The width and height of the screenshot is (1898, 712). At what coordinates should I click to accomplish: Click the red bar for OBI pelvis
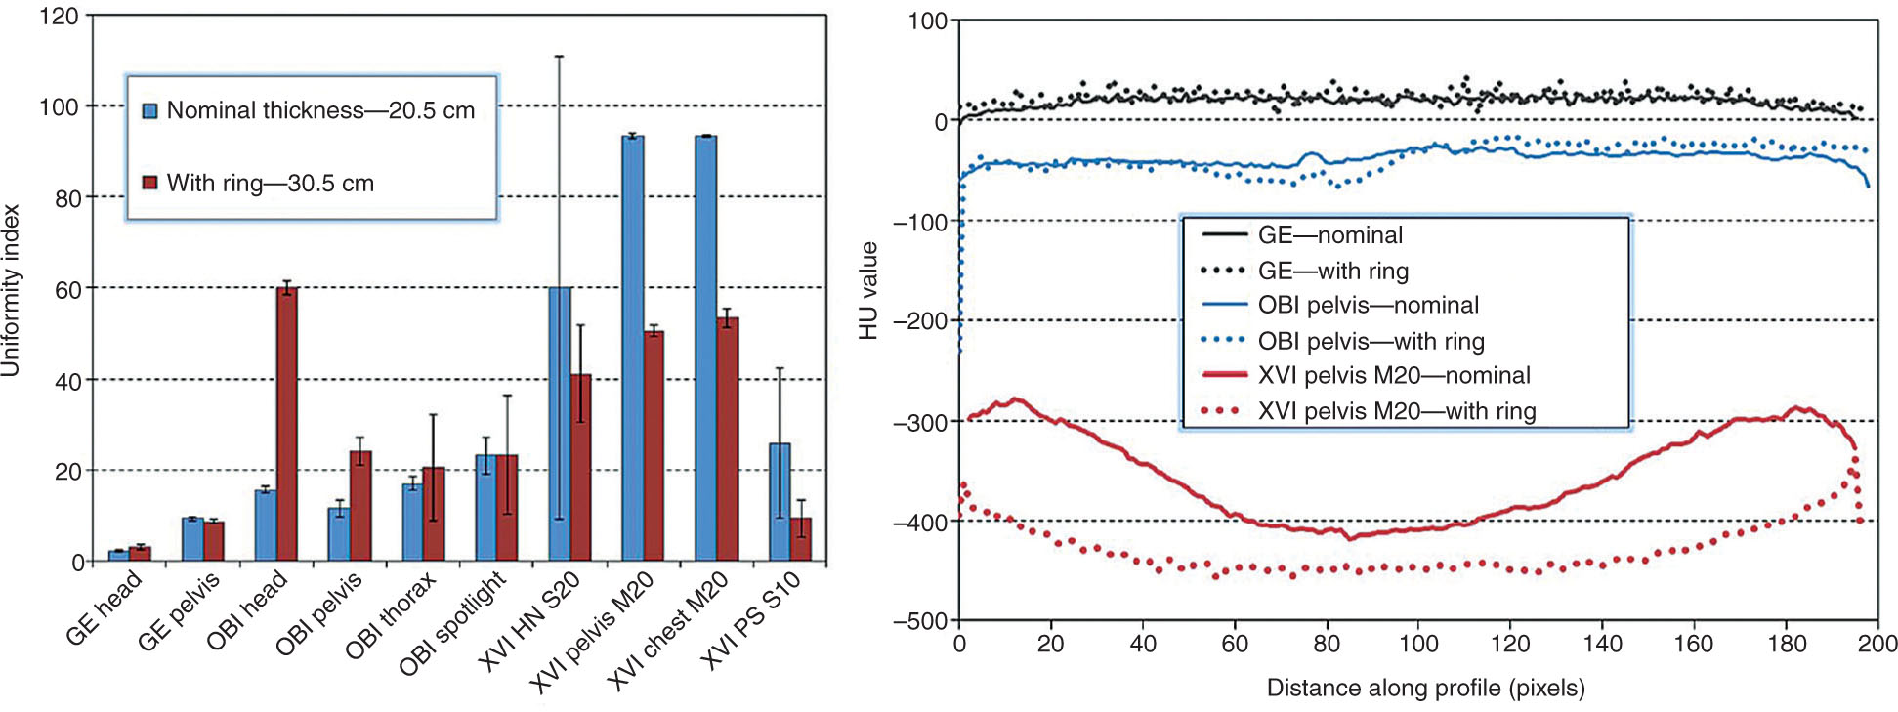[359, 507]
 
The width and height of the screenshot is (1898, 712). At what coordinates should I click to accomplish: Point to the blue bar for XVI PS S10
[779, 502]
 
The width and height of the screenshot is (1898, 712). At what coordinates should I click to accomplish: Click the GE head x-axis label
[104, 608]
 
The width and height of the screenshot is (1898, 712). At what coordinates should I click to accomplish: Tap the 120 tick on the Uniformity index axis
[59, 17]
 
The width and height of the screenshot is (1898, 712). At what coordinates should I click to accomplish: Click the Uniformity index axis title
[11, 290]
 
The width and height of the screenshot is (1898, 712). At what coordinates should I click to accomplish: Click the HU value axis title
[868, 290]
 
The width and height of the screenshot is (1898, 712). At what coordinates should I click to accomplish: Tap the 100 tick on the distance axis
[1418, 644]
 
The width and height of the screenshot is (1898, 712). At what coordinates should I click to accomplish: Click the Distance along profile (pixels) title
[1425, 689]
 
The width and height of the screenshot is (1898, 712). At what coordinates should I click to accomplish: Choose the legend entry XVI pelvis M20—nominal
[1394, 375]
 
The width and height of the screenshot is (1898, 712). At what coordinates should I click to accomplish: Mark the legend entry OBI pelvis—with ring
[1371, 341]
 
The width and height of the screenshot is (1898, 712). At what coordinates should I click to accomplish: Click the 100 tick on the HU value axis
[927, 21]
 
